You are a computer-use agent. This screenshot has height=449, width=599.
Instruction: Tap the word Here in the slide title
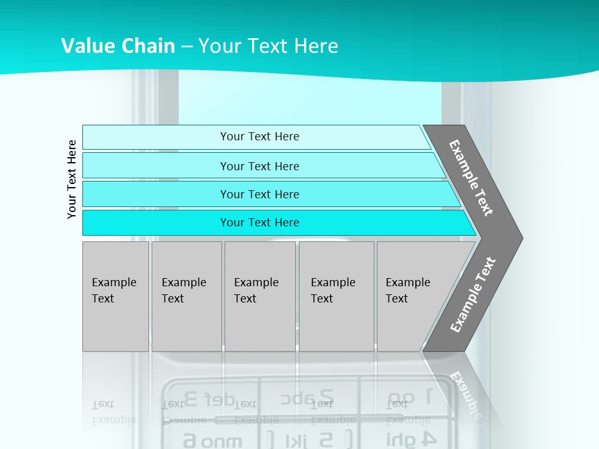316,46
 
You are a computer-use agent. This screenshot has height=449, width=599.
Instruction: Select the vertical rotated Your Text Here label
72,179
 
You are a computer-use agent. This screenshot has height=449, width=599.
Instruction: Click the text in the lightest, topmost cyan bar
260,137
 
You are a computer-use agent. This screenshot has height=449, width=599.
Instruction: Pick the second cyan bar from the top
260,166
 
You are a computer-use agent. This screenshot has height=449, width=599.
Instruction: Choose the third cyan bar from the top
260,195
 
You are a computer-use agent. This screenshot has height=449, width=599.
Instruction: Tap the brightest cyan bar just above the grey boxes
260,223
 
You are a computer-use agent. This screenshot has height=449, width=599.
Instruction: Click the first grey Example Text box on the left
115,296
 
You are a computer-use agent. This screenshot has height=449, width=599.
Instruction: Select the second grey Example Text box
186,296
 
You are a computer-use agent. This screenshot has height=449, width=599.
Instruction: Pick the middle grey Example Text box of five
260,296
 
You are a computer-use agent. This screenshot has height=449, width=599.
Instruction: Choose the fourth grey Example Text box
336,296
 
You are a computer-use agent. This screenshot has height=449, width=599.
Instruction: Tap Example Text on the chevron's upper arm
471,178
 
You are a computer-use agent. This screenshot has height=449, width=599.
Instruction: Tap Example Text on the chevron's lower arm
472,294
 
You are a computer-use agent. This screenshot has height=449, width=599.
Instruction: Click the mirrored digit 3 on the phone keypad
192,397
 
